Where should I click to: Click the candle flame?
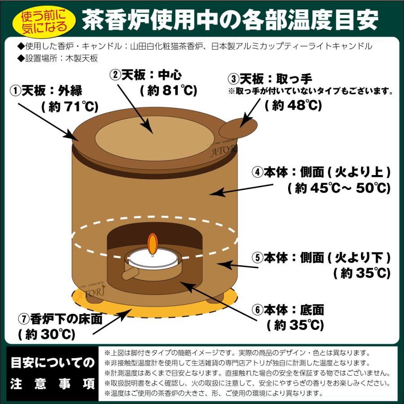coord(153,242)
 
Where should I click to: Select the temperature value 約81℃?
coord(168,90)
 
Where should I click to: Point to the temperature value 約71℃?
coord(67,107)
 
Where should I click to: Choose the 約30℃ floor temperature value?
coord(46,334)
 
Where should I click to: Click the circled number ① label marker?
coord(15,92)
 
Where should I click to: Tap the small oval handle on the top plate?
coord(238,127)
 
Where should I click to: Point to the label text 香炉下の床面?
coord(66,320)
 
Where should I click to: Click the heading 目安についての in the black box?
coord(53,362)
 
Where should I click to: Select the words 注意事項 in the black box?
coord(53,384)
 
